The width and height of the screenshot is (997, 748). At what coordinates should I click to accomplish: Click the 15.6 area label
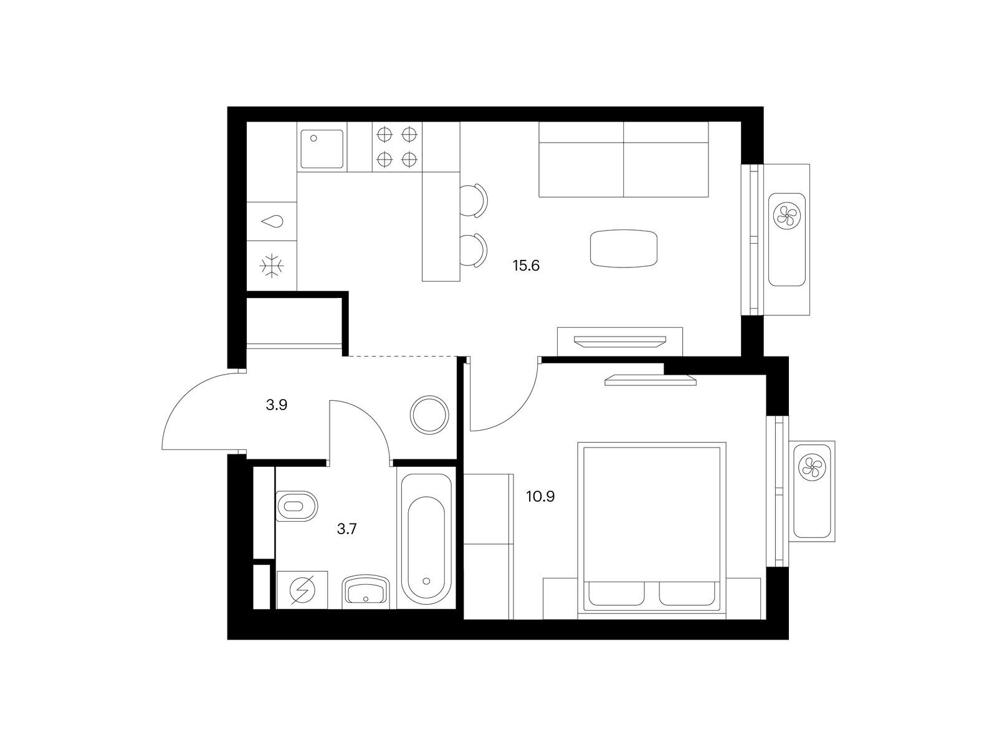[526, 266]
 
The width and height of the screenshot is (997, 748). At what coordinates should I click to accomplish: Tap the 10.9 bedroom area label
[540, 497]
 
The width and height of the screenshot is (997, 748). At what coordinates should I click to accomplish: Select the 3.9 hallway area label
[277, 405]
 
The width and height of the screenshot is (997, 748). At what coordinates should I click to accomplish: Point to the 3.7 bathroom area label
[346, 529]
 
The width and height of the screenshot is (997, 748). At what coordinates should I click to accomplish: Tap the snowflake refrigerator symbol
[272, 266]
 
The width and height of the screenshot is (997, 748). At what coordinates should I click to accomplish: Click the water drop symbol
[272, 222]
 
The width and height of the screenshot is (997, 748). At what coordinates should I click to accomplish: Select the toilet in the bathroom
[296, 506]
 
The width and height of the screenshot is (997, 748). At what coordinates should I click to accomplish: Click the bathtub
[426, 538]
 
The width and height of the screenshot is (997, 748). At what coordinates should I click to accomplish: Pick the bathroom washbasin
[366, 592]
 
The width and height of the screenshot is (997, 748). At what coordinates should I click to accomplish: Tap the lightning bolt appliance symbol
[302, 590]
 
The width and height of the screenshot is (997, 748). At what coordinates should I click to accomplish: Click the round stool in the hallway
[429, 415]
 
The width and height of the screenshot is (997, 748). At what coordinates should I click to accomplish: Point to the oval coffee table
[624, 248]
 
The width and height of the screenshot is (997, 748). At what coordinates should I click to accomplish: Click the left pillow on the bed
[616, 593]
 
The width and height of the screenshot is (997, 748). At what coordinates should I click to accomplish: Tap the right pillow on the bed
[687, 593]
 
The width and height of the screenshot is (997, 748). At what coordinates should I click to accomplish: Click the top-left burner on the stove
[384, 135]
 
